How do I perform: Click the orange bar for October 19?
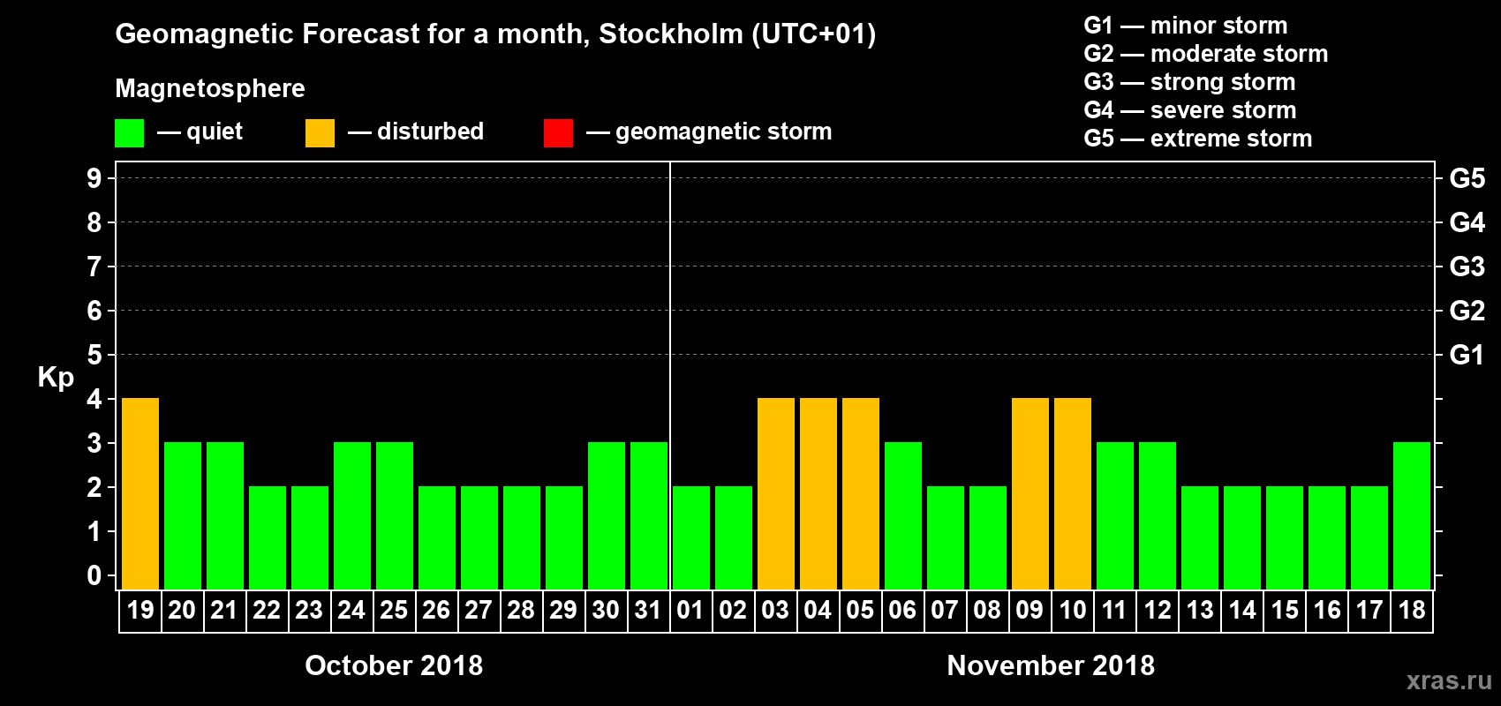140,493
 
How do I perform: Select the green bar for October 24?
352,515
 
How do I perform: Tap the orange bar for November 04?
818,493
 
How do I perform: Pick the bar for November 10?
1073,493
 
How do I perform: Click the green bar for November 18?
1412,515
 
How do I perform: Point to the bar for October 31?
649,515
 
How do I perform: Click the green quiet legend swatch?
130,133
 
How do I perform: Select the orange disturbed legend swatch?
320,133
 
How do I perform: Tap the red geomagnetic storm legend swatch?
558,133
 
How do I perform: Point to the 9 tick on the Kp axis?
94,178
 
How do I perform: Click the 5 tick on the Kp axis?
94,355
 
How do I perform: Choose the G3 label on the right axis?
1467,267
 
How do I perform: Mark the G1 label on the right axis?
1467,355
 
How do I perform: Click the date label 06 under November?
902,610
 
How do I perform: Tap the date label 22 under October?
267,610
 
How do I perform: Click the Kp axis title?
56,377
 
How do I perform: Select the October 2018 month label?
394,665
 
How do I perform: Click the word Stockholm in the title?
671,34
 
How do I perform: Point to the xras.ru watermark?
1449,680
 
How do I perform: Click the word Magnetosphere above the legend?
210,88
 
